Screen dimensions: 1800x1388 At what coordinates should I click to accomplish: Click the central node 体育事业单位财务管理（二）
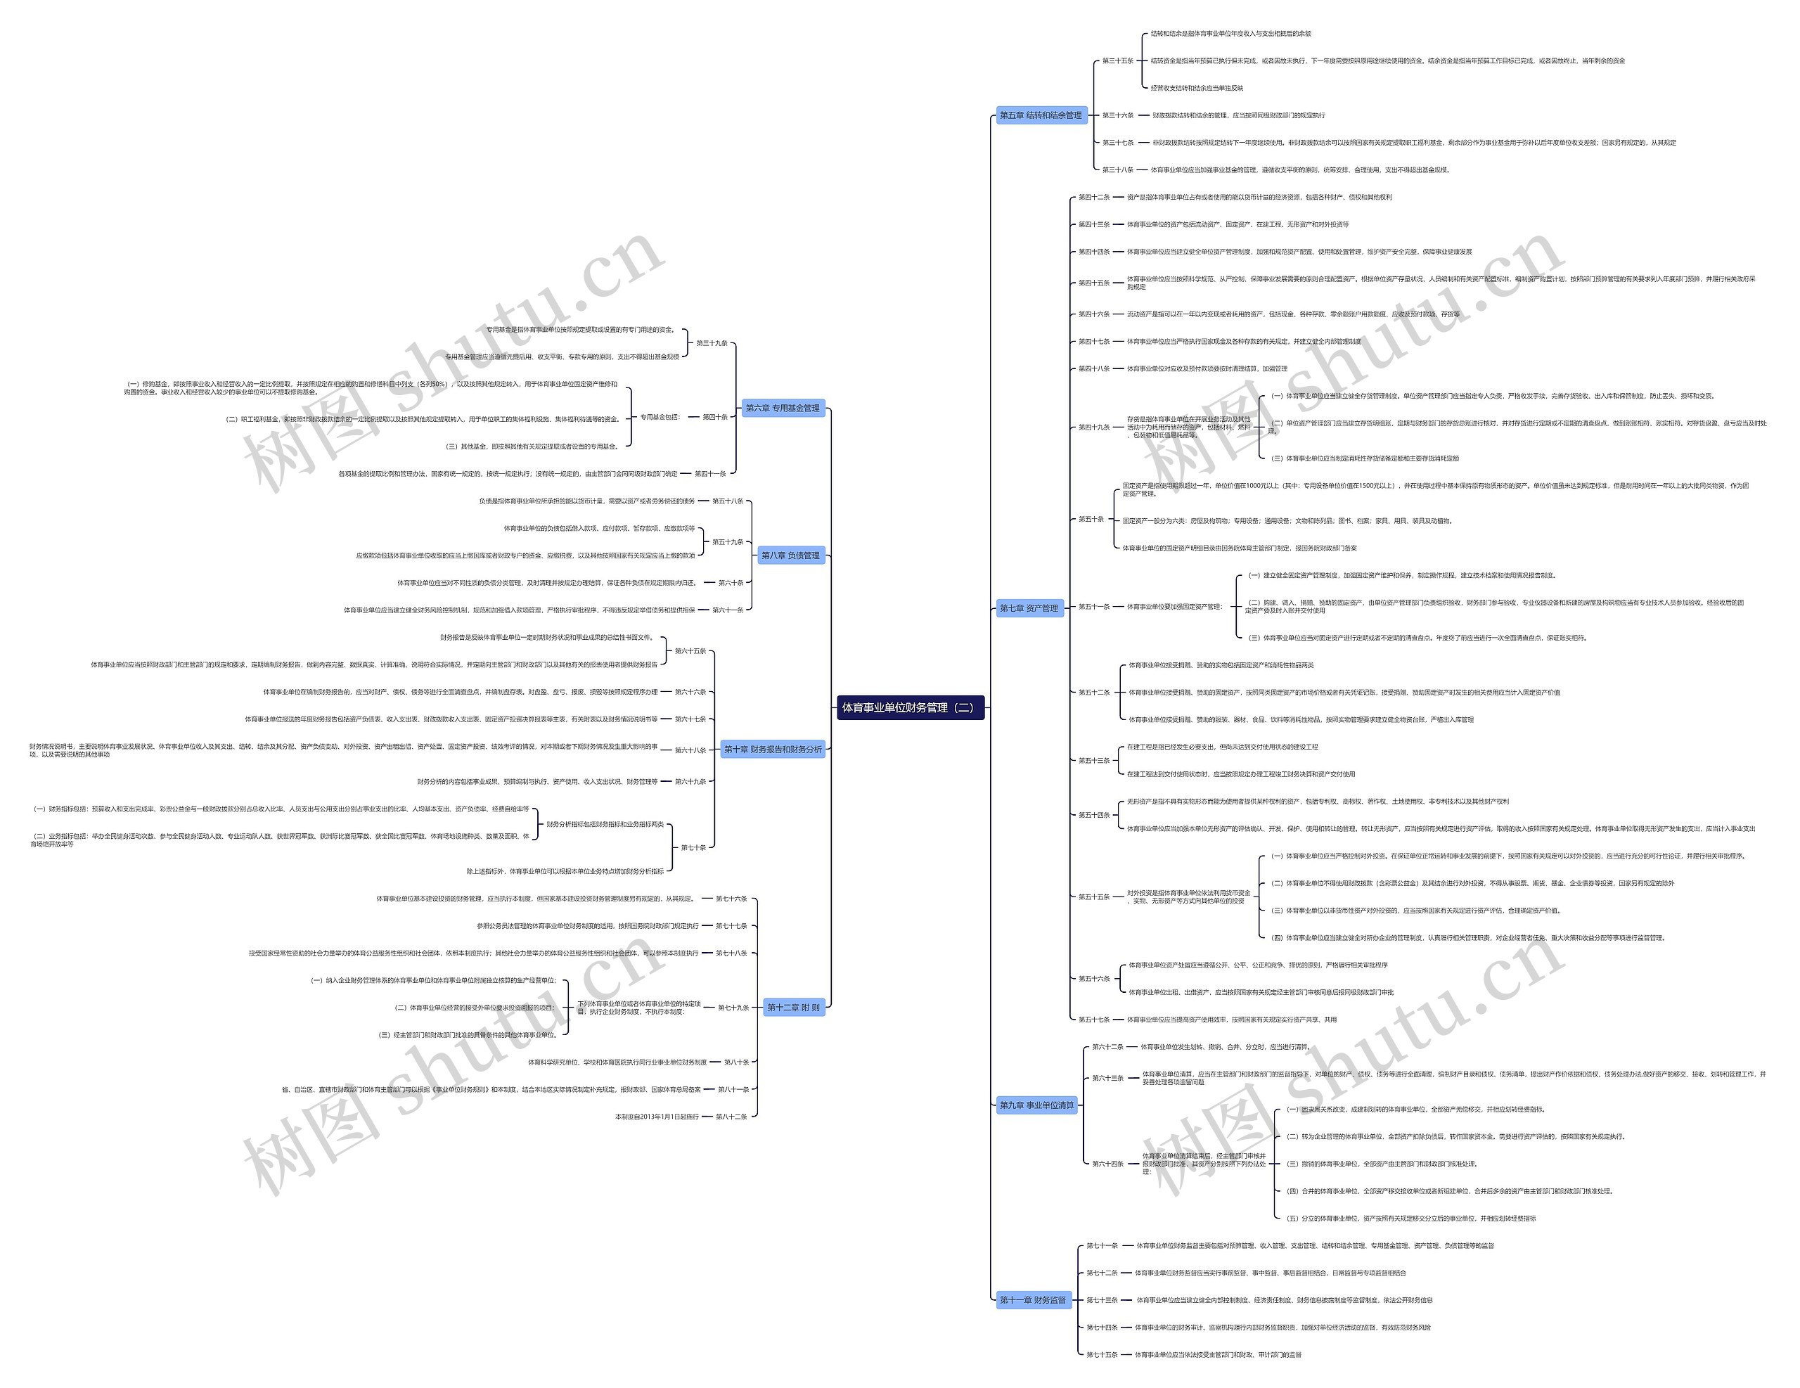coord(910,707)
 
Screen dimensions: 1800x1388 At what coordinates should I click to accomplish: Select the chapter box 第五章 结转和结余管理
coord(1040,115)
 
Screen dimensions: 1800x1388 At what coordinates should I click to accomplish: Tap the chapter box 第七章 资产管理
coord(1029,608)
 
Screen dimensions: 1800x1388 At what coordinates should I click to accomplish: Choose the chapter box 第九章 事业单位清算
coord(1037,1105)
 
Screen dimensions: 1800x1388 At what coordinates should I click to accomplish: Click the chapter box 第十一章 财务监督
coord(1033,1300)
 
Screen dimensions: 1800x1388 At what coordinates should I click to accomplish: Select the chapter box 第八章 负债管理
coord(790,555)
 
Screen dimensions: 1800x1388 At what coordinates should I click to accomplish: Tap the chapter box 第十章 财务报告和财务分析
coord(772,750)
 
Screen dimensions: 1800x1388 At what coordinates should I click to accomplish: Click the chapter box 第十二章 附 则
coord(793,1007)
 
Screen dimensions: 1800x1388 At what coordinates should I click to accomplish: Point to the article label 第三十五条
coord(1117,61)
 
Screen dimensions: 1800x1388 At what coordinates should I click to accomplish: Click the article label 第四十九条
coord(1093,427)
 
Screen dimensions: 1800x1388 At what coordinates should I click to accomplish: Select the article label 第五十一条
coord(1093,607)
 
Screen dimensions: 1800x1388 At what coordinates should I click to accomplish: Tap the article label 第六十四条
coord(1107,1164)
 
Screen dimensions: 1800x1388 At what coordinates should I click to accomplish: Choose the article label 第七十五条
coord(1102,1354)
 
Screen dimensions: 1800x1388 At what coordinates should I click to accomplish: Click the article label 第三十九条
coord(712,343)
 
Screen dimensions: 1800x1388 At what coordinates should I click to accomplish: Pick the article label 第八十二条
coord(732,1117)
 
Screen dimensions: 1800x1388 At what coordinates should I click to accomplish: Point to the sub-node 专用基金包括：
coord(660,417)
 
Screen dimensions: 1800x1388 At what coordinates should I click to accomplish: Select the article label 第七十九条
coord(733,1007)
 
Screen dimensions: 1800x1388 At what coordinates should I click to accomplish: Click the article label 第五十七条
coord(1093,1020)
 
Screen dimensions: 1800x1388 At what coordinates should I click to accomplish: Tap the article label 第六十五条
coord(690,651)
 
